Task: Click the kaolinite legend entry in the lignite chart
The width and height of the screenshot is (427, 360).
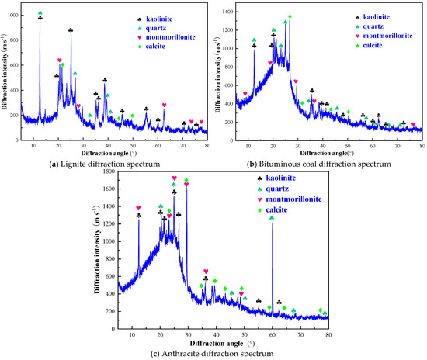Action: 155,19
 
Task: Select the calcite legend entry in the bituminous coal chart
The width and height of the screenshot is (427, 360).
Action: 370,46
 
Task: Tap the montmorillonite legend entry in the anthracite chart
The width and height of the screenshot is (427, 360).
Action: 290,199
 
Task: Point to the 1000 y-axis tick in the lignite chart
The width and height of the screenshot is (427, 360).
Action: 14,15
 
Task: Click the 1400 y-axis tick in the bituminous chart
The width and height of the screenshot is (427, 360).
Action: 227,12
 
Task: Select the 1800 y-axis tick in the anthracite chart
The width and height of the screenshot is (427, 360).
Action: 109,171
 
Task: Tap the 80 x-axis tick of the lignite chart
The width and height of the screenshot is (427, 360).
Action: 207,146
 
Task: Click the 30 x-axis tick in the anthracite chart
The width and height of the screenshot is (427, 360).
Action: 188,334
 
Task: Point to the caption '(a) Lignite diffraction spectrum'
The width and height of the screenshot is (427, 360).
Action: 105,164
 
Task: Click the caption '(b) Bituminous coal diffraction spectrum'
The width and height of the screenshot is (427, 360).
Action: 318,164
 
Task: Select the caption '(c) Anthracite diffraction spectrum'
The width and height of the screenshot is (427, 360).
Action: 212,354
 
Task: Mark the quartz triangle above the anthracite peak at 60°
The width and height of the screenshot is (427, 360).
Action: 272,218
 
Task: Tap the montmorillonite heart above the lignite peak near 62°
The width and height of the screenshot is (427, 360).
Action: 164,105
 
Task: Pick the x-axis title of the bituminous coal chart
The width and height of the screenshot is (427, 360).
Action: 327,153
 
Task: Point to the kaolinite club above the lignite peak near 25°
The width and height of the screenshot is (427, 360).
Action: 71,30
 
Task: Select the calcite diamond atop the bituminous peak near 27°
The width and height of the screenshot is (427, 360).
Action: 290,16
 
